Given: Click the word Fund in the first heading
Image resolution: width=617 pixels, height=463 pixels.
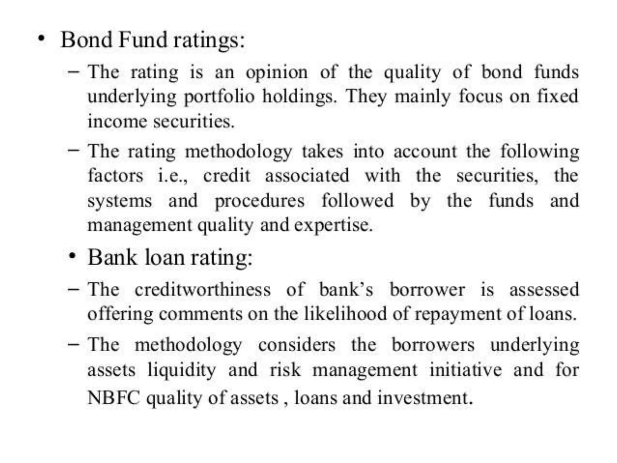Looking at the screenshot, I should [x=143, y=40].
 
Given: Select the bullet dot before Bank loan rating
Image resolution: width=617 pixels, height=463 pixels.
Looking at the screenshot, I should [x=72, y=257].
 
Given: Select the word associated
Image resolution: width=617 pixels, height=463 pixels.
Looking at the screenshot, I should [x=307, y=175].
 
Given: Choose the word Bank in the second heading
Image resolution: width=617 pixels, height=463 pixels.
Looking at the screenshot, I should [x=112, y=258].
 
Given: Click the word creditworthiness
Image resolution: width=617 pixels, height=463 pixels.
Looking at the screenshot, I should [x=202, y=290].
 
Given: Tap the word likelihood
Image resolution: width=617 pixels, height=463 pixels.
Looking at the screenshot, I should [x=345, y=313].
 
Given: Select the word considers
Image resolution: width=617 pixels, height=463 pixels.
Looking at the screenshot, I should [x=296, y=345].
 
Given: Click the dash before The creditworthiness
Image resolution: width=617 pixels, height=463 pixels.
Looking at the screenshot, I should [x=74, y=289].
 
